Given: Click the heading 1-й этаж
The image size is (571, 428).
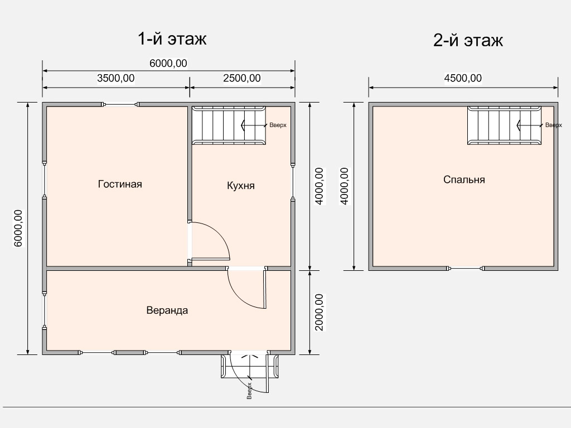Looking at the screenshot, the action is pos(172,39).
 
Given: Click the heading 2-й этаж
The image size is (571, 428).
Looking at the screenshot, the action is pos(468,40).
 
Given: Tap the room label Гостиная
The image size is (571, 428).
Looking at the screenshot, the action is pos(120,184).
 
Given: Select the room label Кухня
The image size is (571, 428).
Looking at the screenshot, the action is pos(241,186).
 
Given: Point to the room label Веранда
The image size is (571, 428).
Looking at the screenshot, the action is pos(167,310).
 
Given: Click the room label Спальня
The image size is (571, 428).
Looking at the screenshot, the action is pos(464,180).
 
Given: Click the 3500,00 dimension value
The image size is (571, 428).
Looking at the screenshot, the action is pos(116,78).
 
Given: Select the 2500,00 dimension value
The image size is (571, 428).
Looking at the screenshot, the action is pos(242,78).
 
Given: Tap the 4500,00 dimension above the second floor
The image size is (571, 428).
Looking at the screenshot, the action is pos(463,78).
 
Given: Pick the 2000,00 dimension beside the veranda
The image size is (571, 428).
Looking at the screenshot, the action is pos(319,312).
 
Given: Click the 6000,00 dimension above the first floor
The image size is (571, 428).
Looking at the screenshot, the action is pos(168,64).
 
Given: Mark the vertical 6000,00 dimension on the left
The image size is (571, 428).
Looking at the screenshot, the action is pos(18,228).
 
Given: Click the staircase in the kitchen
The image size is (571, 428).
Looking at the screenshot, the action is pos(229,125).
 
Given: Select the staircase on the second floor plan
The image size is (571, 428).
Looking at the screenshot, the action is pos(504,125).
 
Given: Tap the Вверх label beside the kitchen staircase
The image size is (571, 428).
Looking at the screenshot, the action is pos(278,125).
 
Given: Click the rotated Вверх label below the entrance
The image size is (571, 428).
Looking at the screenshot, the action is pos(249,391).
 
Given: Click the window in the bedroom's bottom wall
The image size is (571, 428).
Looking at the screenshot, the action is pos(466,269).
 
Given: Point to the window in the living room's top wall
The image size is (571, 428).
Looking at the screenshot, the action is pos(120,104).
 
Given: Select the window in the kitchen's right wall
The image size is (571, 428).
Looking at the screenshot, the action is pos(293,181).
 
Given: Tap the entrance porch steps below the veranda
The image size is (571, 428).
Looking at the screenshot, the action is pos(250,366).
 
